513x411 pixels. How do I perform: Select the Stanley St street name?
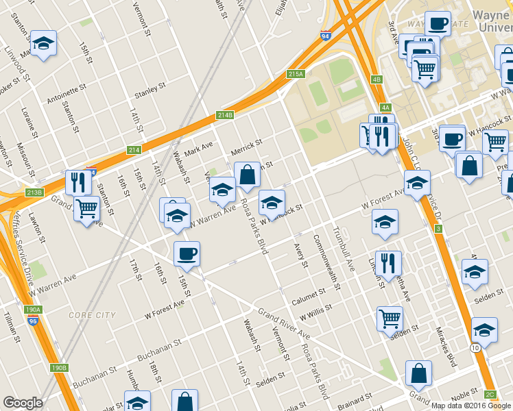pyautogui.click(x=151, y=90)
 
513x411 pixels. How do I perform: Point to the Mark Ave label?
pyautogui.click(x=199, y=147)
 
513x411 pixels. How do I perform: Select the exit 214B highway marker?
pyautogui.click(x=226, y=115)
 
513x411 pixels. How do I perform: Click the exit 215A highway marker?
pyautogui.click(x=295, y=74)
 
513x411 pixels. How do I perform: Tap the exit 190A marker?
pyautogui.click(x=32, y=310)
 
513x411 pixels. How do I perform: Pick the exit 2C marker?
pyautogui.click(x=490, y=395)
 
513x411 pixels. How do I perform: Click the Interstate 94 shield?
pyautogui.click(x=325, y=36)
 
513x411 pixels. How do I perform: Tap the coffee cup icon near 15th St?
pyautogui.click(x=187, y=254)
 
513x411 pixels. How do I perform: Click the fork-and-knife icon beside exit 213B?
pyautogui.click(x=78, y=182)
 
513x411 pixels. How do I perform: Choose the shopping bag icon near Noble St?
pyautogui.click(x=418, y=374)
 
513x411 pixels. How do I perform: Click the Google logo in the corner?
pyautogui.click(x=23, y=403)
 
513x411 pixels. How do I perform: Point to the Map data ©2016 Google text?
pyautogui.click(x=471, y=406)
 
